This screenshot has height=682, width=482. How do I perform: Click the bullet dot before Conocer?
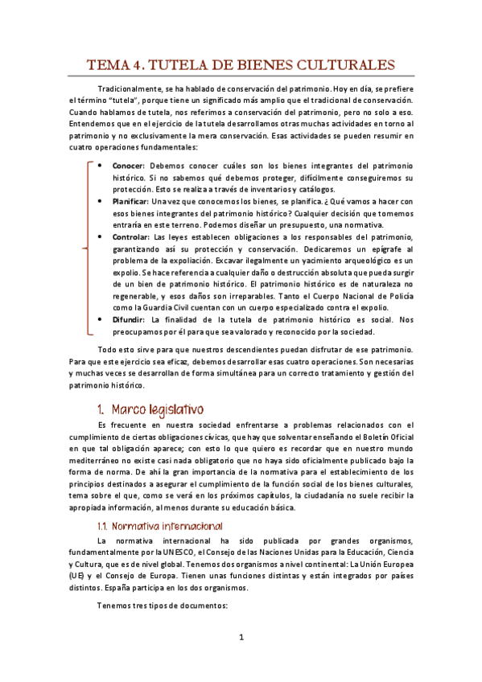coord(99,164)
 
